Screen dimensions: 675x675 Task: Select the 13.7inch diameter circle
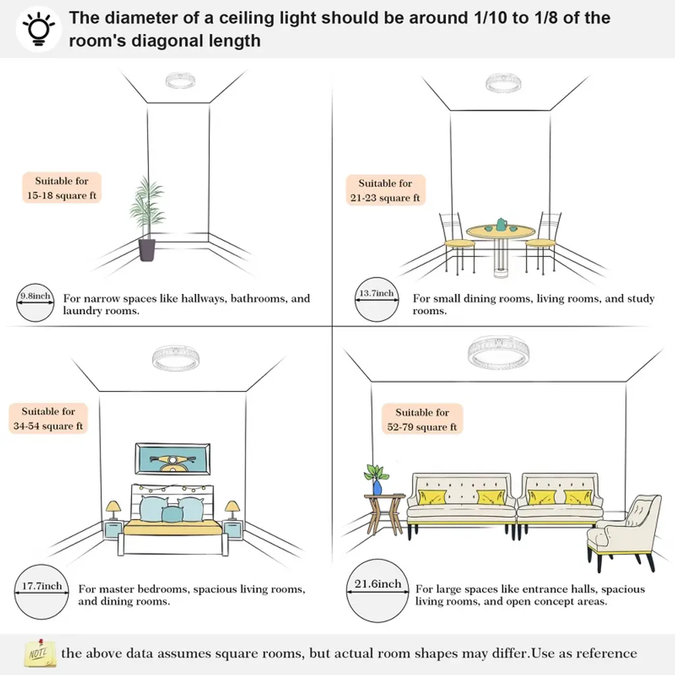(376, 299)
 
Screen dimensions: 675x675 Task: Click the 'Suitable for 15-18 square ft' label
(61, 189)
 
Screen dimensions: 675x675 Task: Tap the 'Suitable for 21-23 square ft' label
(385, 191)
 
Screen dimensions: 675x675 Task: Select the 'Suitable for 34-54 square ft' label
(48, 419)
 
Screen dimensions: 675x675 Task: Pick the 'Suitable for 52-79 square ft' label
(422, 420)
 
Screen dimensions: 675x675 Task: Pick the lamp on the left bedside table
(113, 510)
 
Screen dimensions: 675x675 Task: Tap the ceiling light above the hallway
(180, 80)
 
